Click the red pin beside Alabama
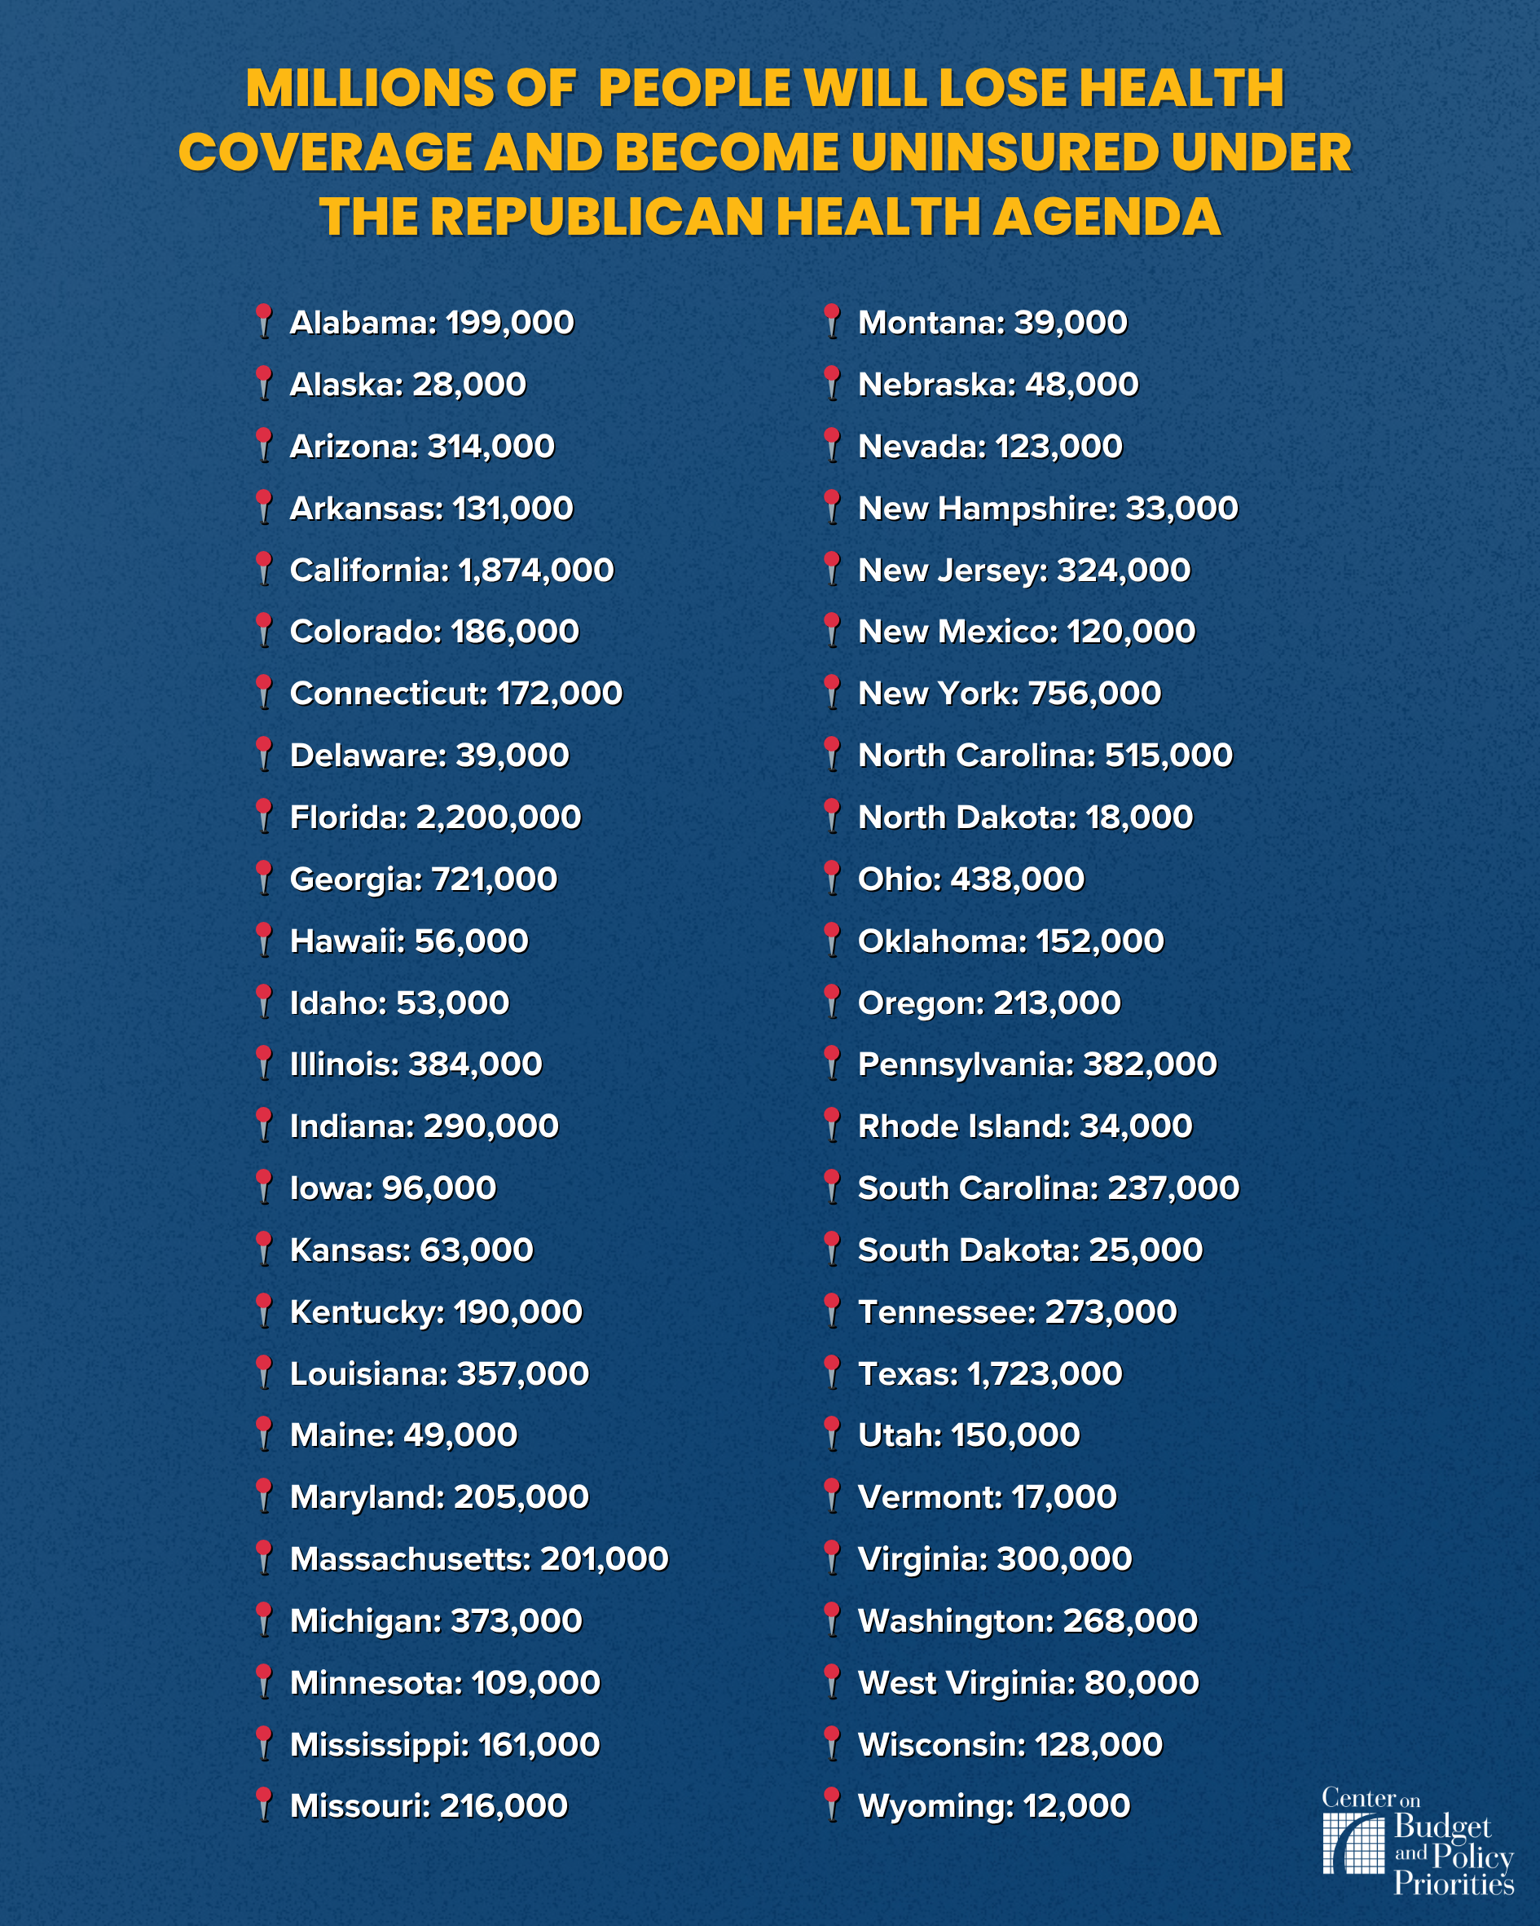tap(263, 320)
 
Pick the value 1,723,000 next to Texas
tap(1045, 1374)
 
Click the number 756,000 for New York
tap(1094, 694)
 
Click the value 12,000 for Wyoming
tap(1076, 1806)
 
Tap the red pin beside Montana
tap(832, 320)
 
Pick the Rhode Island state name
tap(963, 1126)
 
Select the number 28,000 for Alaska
tap(469, 385)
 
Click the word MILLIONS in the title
tap(369, 89)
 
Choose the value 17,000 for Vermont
tap(1064, 1497)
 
